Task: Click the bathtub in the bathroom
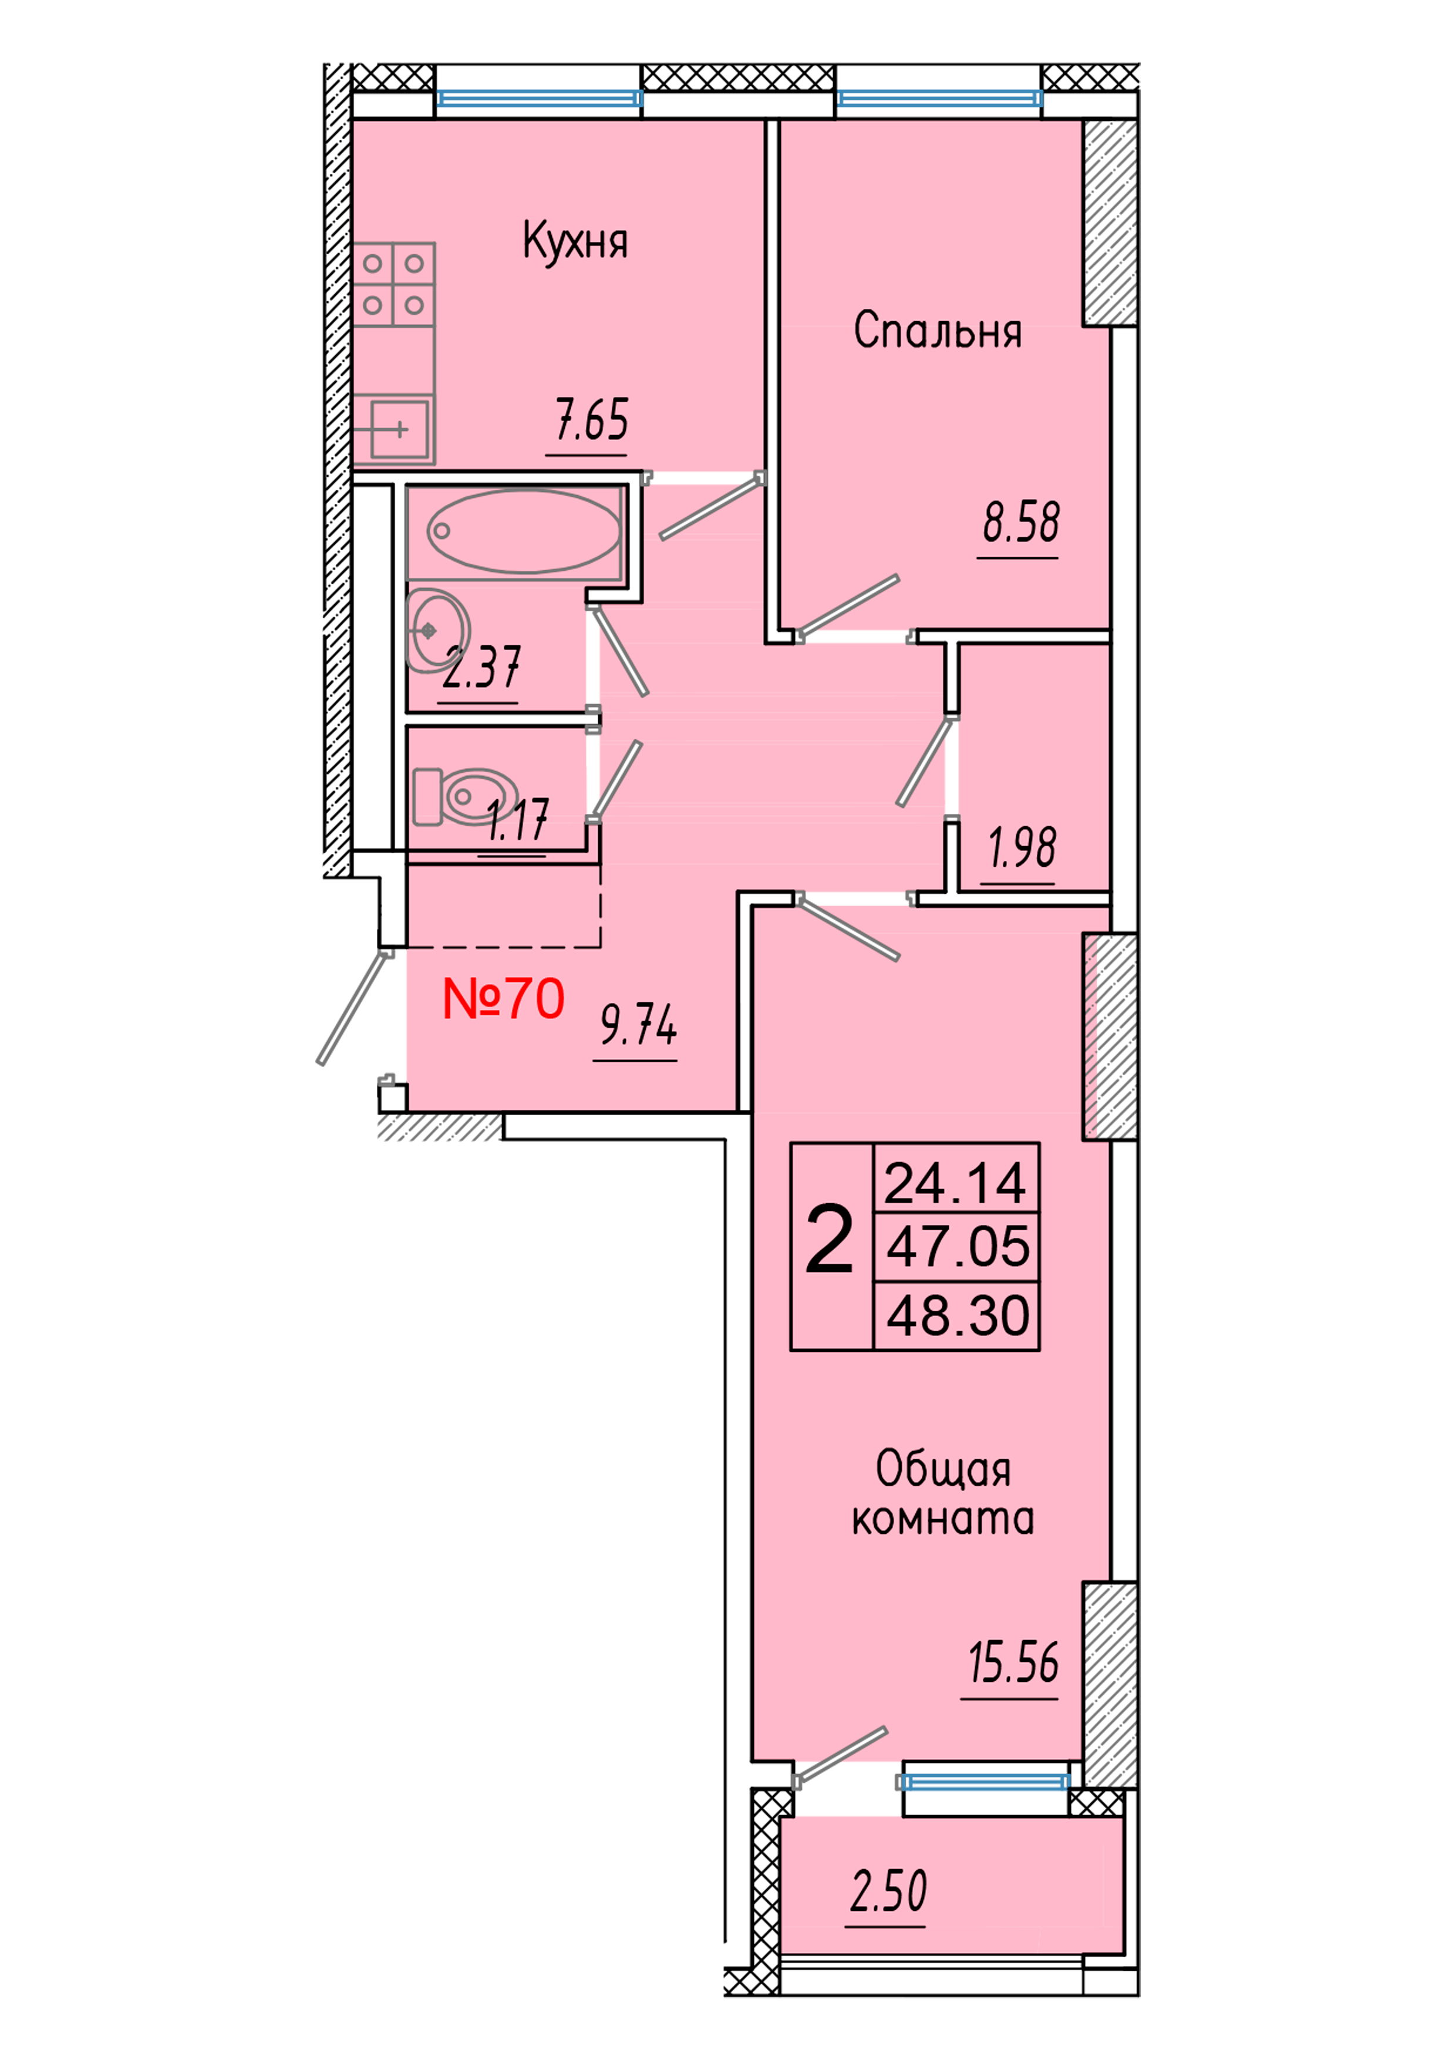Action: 523,531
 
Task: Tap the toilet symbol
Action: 465,796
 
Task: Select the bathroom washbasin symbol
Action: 436,630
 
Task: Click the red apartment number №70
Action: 503,999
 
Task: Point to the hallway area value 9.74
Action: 638,1025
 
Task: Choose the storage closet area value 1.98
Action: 1022,848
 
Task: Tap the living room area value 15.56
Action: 1013,1662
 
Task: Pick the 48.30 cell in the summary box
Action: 957,1315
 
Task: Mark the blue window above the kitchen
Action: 539,98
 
